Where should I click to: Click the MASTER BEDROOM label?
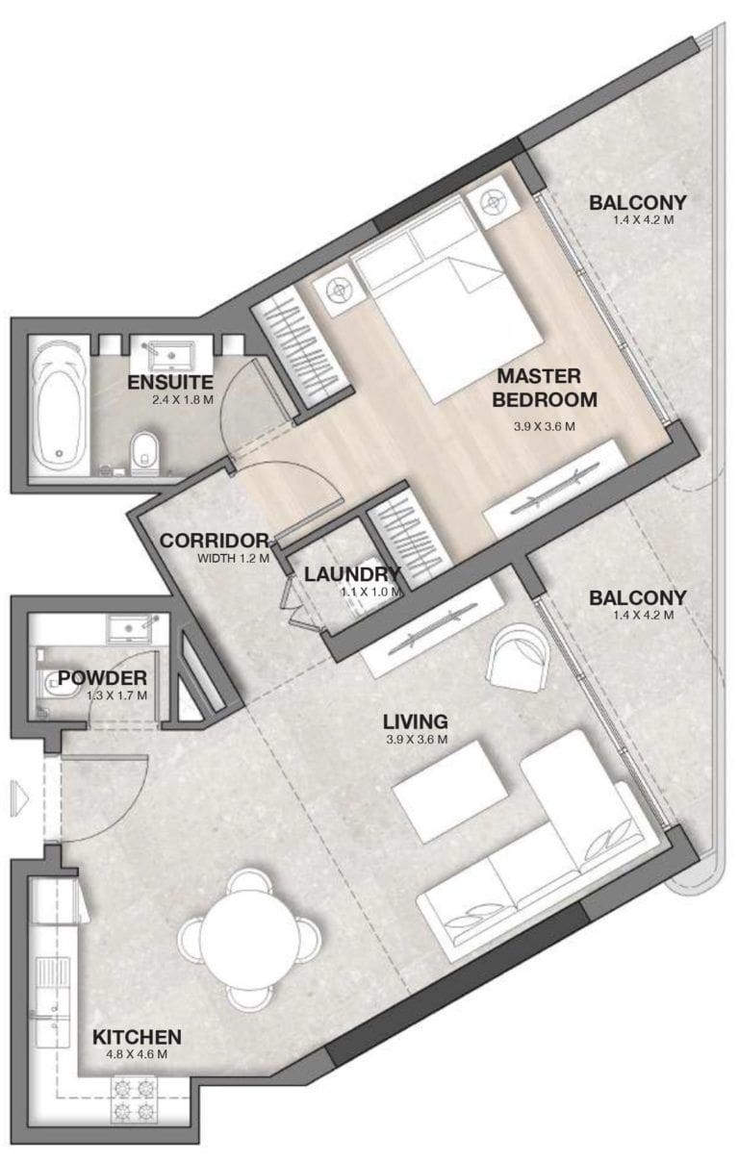547,387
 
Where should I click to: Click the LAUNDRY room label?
351,574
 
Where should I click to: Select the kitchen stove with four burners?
135,1100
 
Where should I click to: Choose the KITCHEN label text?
137,1037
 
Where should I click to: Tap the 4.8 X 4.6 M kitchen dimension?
137,1054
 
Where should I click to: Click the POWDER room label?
102,678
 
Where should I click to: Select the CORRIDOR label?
214,541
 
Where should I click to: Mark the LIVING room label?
415,721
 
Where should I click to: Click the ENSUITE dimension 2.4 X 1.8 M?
170,399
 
